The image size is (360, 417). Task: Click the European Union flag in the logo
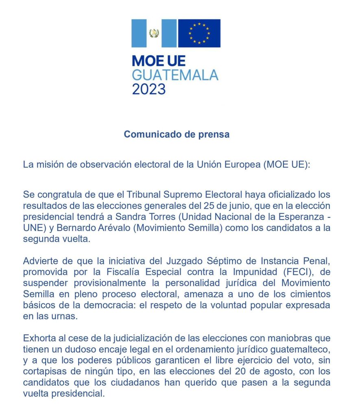199,33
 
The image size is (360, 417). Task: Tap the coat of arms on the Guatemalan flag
154,33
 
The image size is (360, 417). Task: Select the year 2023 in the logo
149,88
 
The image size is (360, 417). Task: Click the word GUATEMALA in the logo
175,75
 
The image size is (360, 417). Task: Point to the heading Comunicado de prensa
177,134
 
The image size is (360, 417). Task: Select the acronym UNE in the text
33,228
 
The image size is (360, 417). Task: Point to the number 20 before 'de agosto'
245,371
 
